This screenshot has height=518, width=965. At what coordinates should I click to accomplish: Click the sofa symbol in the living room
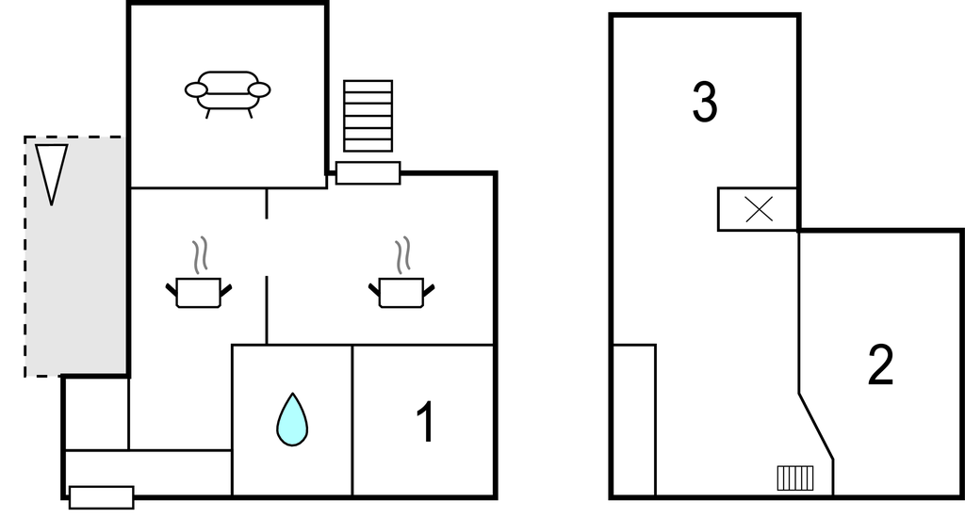click(x=228, y=93)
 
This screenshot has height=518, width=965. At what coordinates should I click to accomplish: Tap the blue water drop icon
click(x=292, y=419)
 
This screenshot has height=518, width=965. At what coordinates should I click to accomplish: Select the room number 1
click(x=426, y=421)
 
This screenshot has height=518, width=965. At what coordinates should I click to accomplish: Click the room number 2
click(x=881, y=364)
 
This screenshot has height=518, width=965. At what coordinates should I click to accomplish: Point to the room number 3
click(x=705, y=102)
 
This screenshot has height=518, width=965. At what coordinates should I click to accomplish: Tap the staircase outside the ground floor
click(x=368, y=116)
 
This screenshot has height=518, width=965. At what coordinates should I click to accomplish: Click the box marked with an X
click(x=758, y=209)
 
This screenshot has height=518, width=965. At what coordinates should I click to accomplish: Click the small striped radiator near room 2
click(x=795, y=478)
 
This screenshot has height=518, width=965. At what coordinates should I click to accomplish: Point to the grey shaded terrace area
click(x=75, y=256)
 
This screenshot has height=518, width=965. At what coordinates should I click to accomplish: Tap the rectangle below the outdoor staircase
click(x=368, y=173)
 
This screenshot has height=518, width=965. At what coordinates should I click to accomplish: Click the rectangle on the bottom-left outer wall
click(x=102, y=497)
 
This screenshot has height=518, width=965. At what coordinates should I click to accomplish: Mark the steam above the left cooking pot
click(x=200, y=255)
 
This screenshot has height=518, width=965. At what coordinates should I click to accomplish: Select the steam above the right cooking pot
click(x=403, y=255)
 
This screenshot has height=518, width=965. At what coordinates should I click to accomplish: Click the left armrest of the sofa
click(x=196, y=89)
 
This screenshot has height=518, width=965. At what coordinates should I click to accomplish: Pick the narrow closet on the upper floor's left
click(x=634, y=420)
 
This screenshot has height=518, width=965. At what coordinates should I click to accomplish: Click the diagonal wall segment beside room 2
click(x=816, y=427)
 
